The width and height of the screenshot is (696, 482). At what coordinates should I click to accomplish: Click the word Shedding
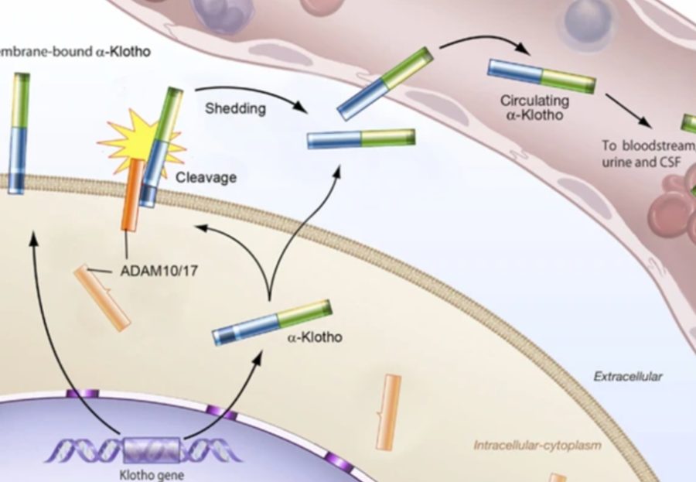tap(235, 108)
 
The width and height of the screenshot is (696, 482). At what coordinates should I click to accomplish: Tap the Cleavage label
tap(206, 177)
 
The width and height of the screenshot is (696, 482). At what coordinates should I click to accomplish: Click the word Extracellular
tap(627, 377)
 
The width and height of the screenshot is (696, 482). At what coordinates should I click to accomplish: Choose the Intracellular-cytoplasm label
tap(537, 445)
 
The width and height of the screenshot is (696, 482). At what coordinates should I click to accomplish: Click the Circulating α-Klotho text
tap(534, 108)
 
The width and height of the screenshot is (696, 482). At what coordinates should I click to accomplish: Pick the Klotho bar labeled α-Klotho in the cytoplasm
tap(272, 323)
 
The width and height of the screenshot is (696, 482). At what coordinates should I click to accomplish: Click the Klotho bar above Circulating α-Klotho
tap(541, 76)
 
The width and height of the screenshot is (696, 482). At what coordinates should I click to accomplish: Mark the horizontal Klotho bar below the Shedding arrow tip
tap(361, 138)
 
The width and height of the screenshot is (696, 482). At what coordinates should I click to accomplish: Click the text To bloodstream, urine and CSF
tap(647, 153)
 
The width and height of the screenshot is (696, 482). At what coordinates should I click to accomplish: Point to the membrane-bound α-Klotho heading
tap(73, 53)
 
